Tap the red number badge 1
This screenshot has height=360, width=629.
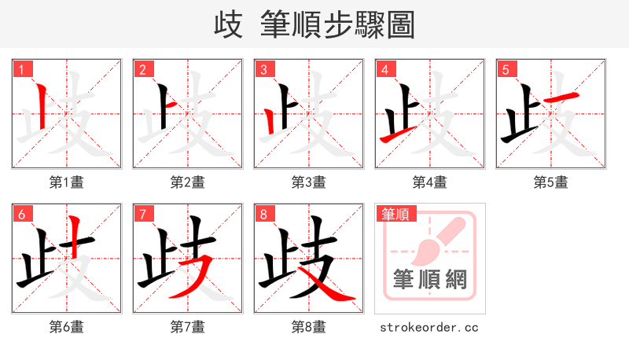[x=21, y=69]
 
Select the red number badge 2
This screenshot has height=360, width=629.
[x=142, y=69]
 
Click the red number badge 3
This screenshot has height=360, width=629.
[x=263, y=69]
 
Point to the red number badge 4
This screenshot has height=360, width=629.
[x=384, y=69]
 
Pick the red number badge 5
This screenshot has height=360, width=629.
[x=506, y=69]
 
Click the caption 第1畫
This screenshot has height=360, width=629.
[x=67, y=182]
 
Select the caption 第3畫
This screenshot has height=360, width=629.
[x=309, y=182]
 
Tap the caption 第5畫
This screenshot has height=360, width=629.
[x=551, y=182]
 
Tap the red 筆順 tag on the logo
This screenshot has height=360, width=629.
[x=395, y=214]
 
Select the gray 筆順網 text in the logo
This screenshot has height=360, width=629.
[x=429, y=279]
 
